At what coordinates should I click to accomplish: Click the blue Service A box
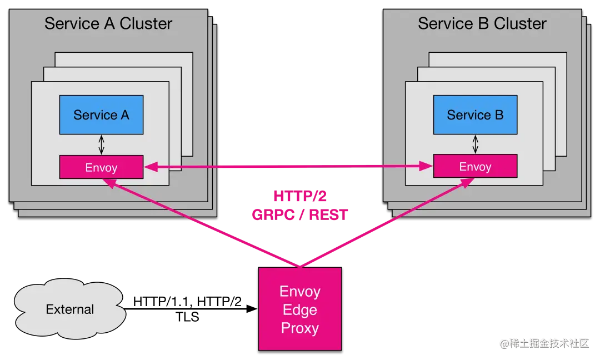(101, 115)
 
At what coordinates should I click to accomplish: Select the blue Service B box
(475, 115)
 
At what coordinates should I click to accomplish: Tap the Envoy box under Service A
(101, 167)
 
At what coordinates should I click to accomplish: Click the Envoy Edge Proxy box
(299, 309)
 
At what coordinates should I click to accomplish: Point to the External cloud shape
(70, 309)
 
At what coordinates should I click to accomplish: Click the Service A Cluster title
(108, 24)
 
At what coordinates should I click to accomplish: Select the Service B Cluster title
(482, 24)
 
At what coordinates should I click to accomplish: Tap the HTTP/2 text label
(299, 196)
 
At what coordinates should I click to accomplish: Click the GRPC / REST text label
(299, 214)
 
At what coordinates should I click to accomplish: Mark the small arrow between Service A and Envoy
(101, 144)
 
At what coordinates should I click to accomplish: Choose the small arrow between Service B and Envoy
(475, 144)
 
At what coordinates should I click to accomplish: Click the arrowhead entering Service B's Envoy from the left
(427, 166)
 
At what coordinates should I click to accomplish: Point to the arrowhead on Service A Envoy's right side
(150, 166)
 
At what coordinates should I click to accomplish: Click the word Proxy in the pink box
(299, 328)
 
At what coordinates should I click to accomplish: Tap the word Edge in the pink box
(299, 309)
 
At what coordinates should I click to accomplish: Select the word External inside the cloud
(70, 309)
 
